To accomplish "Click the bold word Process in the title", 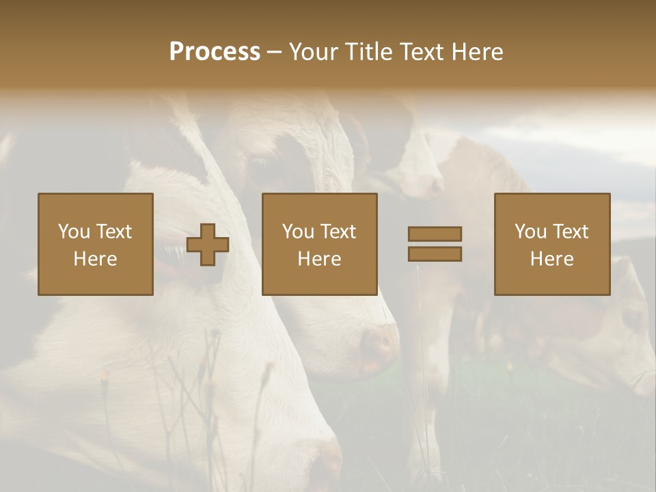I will (x=215, y=52).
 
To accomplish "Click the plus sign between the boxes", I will (x=208, y=245).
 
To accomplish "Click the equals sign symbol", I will (x=435, y=244).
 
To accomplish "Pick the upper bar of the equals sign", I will (x=435, y=234).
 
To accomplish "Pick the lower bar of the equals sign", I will (x=435, y=254).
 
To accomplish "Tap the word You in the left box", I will (x=73, y=232).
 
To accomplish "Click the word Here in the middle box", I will (x=320, y=259).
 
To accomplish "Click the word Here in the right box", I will (x=552, y=259).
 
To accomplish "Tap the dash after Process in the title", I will (x=275, y=53).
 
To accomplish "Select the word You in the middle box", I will (x=297, y=232).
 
